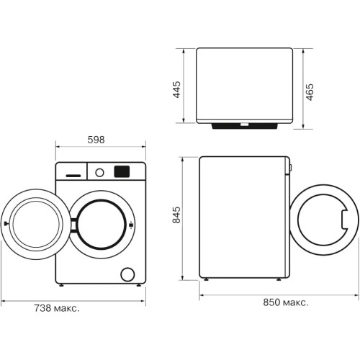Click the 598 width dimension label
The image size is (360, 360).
tap(96, 140)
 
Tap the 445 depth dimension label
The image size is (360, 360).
tap(177, 89)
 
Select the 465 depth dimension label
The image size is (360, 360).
tap(310, 92)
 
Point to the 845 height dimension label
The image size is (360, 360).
tap(176, 215)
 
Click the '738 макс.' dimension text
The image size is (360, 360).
tap(57, 308)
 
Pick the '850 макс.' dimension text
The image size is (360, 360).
tap(286, 302)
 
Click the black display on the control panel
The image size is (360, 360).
tap(122, 171)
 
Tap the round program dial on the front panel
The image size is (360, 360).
tap(99, 173)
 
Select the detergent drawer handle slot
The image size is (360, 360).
tap(73, 176)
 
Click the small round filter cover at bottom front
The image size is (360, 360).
tap(127, 274)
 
